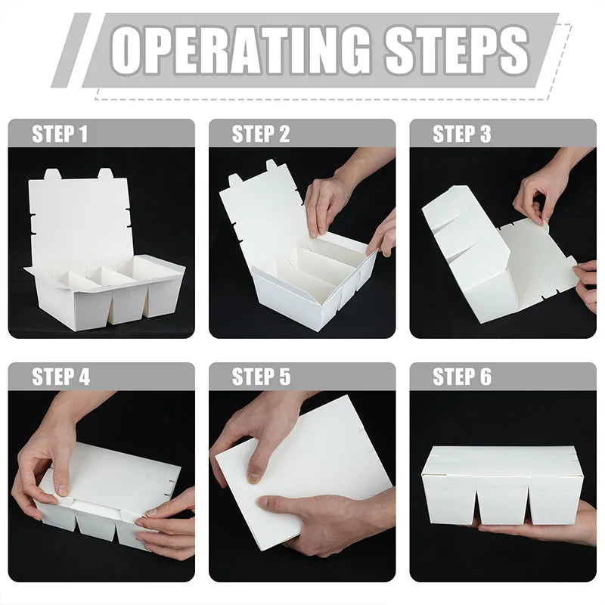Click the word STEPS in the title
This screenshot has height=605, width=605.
(x=458, y=50)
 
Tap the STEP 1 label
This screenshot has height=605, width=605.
(x=60, y=135)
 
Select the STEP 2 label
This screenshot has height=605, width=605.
(x=261, y=135)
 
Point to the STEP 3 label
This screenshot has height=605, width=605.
(x=462, y=135)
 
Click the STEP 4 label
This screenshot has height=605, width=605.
(x=61, y=377)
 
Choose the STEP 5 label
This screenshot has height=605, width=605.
(x=261, y=377)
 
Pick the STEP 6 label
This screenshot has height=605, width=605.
(x=462, y=377)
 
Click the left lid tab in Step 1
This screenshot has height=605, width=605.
(x=53, y=175)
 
